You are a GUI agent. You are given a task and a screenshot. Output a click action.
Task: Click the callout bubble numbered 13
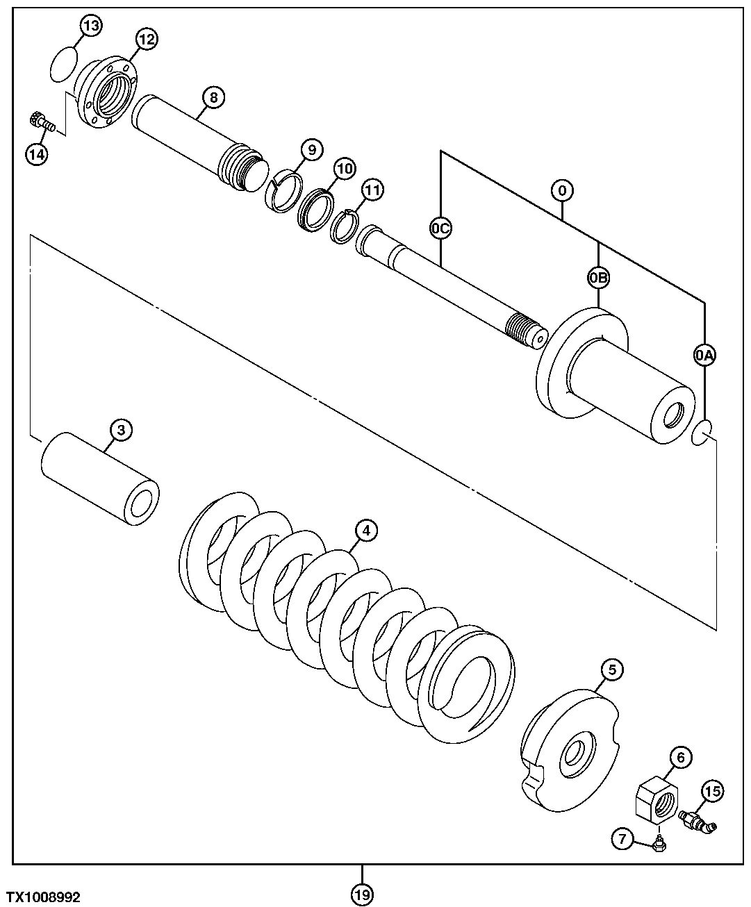91,26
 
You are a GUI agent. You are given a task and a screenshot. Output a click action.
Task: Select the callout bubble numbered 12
146,39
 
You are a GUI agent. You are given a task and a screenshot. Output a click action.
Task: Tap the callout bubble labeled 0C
440,227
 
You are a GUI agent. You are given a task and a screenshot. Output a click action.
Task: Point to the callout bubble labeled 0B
598,278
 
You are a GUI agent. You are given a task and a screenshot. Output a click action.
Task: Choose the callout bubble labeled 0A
704,356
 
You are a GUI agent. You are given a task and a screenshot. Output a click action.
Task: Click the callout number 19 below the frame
361,894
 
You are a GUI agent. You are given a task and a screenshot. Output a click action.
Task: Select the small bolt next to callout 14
42,122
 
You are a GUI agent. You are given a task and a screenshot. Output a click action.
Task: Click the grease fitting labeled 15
698,820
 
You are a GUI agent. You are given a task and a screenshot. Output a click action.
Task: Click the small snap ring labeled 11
342,226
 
